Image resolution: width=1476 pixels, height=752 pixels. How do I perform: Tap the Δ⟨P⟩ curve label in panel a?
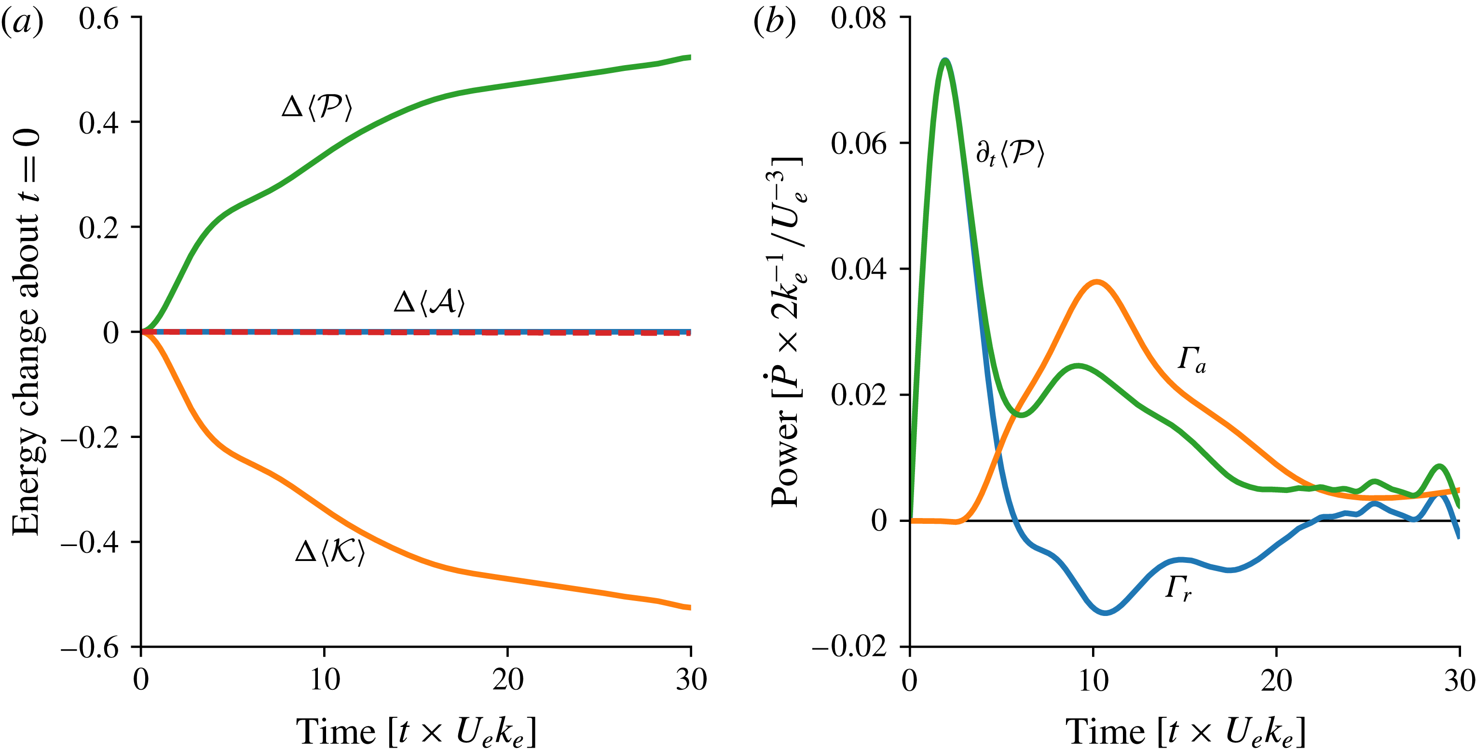click(317, 107)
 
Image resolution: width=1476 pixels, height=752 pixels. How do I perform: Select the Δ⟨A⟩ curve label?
click(429, 301)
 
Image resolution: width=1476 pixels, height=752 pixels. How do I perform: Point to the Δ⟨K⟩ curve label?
click(329, 552)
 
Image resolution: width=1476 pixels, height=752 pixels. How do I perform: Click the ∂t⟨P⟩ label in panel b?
click(1010, 153)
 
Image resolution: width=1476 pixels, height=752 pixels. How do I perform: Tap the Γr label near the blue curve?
click(1178, 588)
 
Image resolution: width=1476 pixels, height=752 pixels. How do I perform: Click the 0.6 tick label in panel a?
click(98, 18)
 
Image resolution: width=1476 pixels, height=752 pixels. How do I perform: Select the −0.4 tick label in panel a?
click(90, 542)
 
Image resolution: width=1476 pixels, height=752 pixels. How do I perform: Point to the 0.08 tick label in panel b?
click(858, 18)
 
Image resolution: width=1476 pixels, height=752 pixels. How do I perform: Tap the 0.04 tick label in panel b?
click(858, 269)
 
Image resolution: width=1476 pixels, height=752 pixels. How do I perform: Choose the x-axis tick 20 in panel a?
click(507, 680)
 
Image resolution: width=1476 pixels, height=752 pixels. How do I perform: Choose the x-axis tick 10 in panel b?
click(1093, 680)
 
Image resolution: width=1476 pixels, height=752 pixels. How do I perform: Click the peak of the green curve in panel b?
click(945, 60)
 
